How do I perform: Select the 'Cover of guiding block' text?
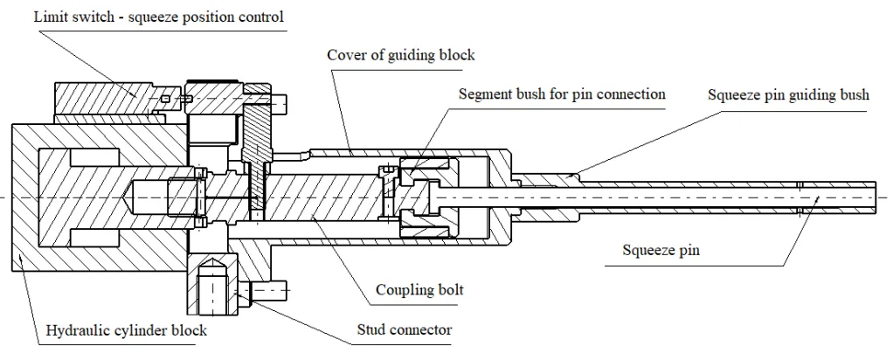[x=401, y=55]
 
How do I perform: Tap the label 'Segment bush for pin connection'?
[x=562, y=93]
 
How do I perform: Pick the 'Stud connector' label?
[x=404, y=329]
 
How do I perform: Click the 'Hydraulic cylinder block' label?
[x=126, y=331]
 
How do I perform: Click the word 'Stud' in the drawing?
[x=372, y=329]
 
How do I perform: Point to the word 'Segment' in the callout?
[x=487, y=93]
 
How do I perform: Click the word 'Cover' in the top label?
[x=346, y=55]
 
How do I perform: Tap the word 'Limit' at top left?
[x=47, y=17]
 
